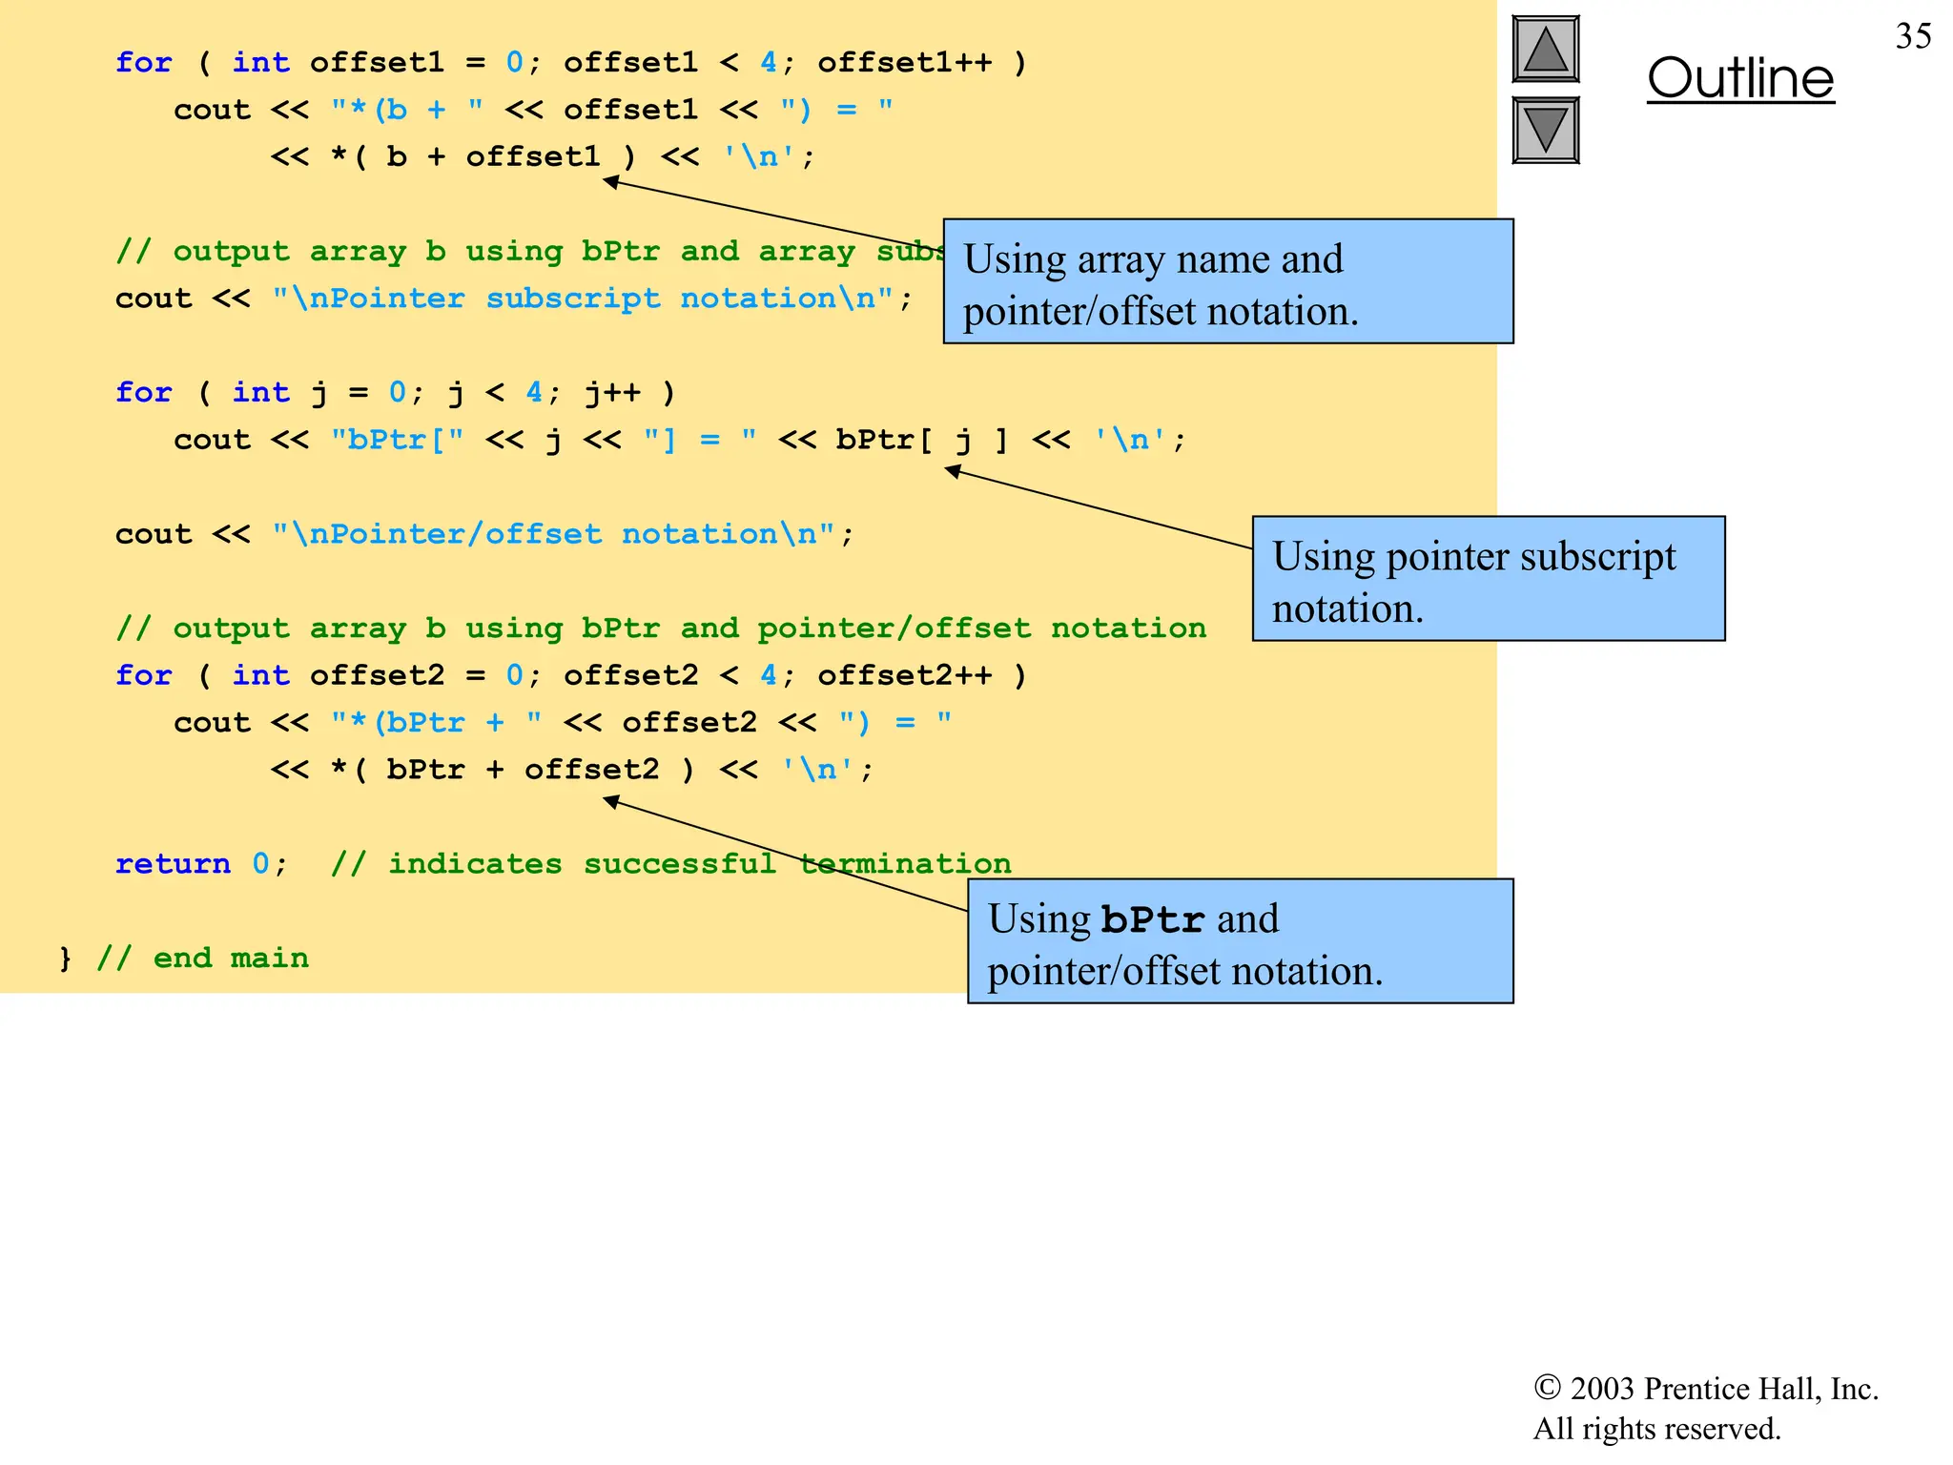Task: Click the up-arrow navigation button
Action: coord(1545,50)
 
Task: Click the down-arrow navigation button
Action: coord(1545,130)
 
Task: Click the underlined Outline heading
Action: coord(1740,78)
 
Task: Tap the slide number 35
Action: coord(1913,36)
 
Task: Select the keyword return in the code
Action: coord(173,863)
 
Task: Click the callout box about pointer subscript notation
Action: coord(1488,579)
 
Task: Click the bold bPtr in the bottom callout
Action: coord(1153,919)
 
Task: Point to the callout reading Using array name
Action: coord(1227,282)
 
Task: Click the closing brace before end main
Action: coord(65,958)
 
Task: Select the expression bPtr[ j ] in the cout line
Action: coord(921,440)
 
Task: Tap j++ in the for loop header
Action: coord(612,393)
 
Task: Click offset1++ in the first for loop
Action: coord(904,63)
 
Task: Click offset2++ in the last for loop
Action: coord(904,675)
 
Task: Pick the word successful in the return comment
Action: coord(680,863)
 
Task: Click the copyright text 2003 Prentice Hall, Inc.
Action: coord(1705,1389)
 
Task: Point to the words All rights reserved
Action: coord(1656,1429)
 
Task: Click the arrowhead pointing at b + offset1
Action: coord(611,181)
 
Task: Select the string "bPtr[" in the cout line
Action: coord(397,440)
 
